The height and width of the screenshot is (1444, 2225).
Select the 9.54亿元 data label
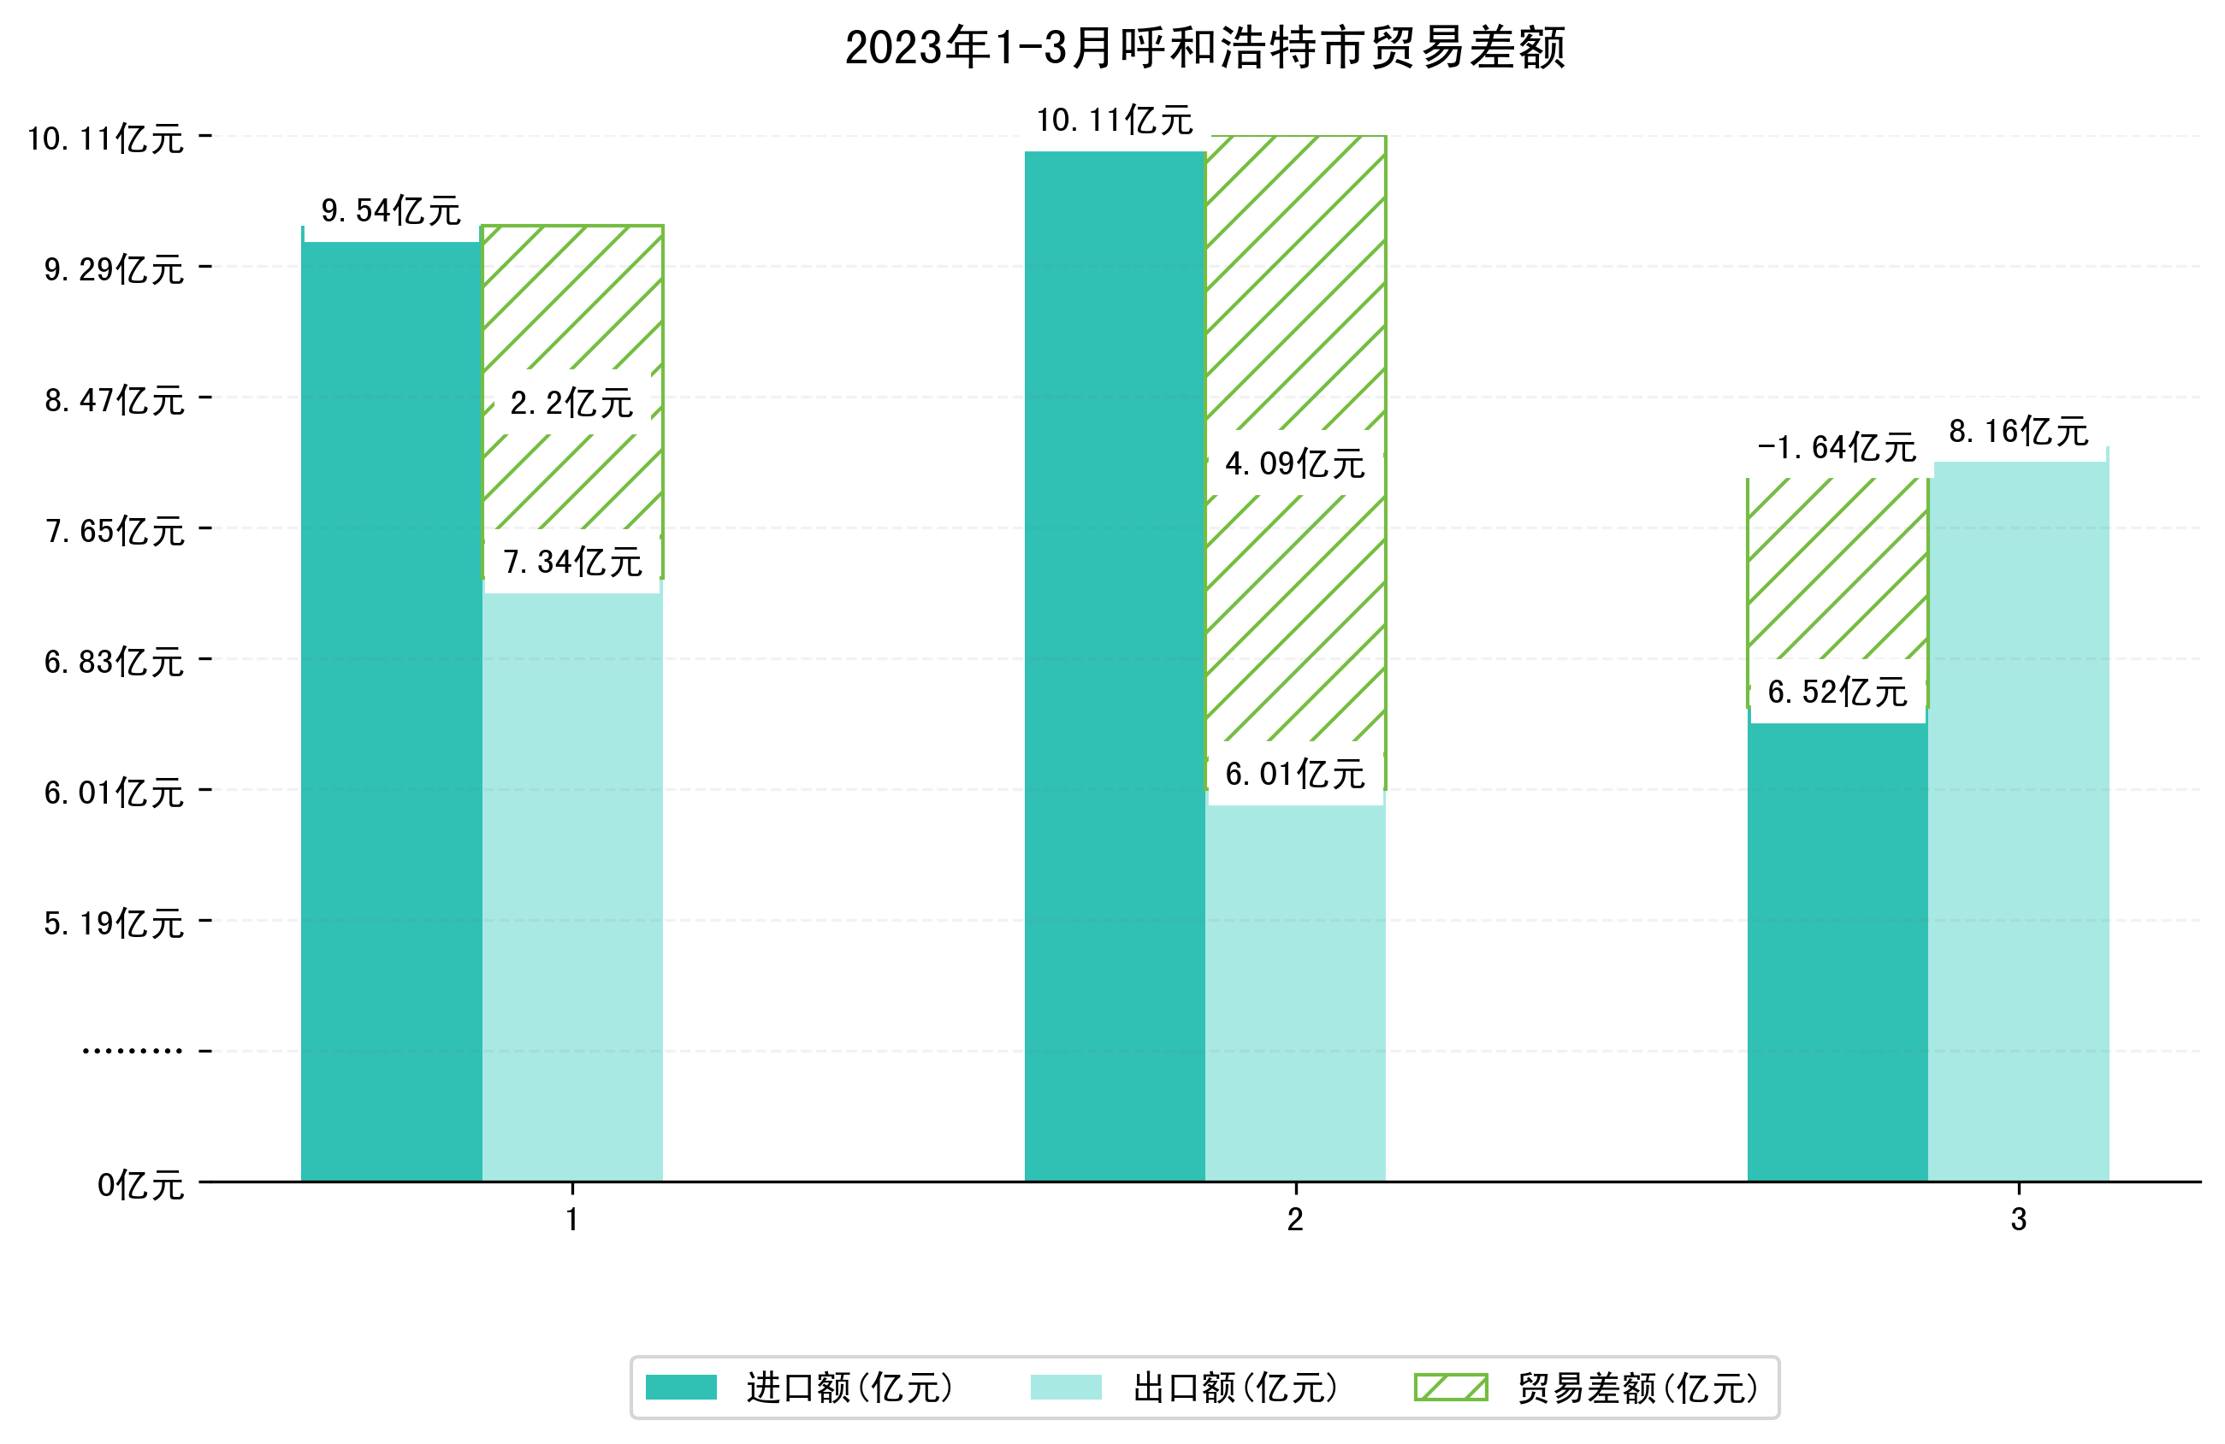(x=391, y=211)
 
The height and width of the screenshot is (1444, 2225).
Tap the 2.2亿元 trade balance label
(x=571, y=404)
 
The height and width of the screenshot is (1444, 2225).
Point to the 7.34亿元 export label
(x=572, y=562)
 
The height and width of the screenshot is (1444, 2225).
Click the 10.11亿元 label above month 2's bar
(x=1114, y=121)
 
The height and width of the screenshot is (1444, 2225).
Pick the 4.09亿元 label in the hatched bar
(x=1294, y=463)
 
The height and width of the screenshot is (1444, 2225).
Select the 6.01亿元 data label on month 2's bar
(x=1294, y=774)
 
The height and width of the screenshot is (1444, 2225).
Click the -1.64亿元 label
(x=1836, y=448)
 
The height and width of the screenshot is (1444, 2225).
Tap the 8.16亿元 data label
(x=2018, y=432)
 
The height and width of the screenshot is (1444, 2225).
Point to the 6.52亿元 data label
(x=1836, y=693)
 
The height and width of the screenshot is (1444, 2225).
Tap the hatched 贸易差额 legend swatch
(x=1450, y=1387)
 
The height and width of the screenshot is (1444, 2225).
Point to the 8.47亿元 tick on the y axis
(x=114, y=400)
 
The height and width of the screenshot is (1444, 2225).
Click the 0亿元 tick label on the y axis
(x=140, y=1185)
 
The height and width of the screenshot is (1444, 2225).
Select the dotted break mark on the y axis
(x=132, y=1052)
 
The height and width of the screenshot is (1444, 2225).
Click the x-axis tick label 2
(x=1295, y=1220)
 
